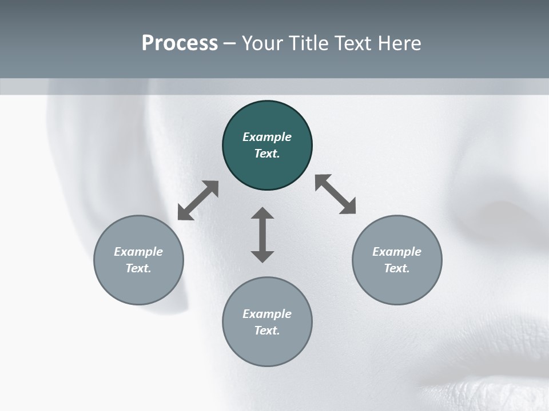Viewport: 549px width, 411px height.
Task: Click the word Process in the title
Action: pyautogui.click(x=180, y=43)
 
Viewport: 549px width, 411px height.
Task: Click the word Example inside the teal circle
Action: pyautogui.click(x=267, y=137)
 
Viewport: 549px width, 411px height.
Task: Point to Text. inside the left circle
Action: pyautogui.click(x=138, y=268)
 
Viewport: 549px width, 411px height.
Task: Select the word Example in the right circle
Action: pyautogui.click(x=397, y=252)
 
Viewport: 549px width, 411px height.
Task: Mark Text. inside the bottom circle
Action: pyautogui.click(x=267, y=331)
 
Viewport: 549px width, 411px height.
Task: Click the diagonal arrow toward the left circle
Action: pyautogui.click(x=198, y=200)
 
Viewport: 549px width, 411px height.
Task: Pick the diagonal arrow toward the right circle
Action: pyautogui.click(x=336, y=194)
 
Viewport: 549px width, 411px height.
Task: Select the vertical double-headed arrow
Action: pyautogui.click(x=262, y=235)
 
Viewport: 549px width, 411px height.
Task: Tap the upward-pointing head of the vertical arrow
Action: pyautogui.click(x=262, y=213)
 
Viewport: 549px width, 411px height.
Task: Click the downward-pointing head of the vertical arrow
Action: pyautogui.click(x=262, y=256)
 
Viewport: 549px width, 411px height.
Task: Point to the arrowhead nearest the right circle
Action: pyautogui.click(x=348, y=207)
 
